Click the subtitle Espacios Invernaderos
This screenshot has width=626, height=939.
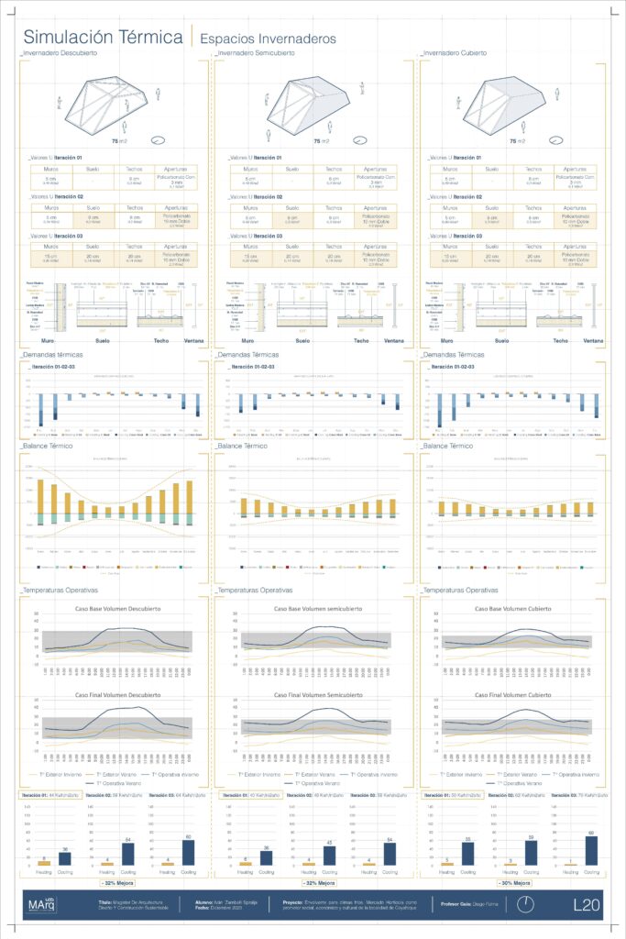tap(267, 39)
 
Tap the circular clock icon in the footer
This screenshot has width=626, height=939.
tap(526, 904)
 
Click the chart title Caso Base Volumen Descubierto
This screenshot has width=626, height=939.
tap(111, 609)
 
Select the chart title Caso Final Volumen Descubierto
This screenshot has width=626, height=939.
tap(111, 696)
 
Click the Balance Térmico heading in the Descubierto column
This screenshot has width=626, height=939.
tap(51, 446)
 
